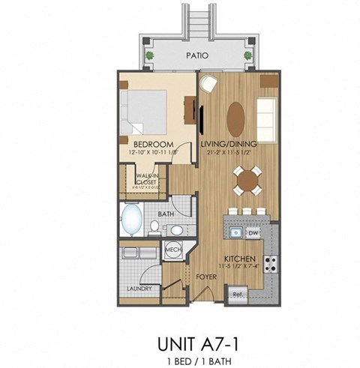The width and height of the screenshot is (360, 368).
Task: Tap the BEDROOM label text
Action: coord(154,144)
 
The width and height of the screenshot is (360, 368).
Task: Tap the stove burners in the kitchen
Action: coord(273,264)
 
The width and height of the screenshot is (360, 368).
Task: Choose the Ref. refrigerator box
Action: coord(238,293)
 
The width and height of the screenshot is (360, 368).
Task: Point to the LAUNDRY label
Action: coord(140,289)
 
